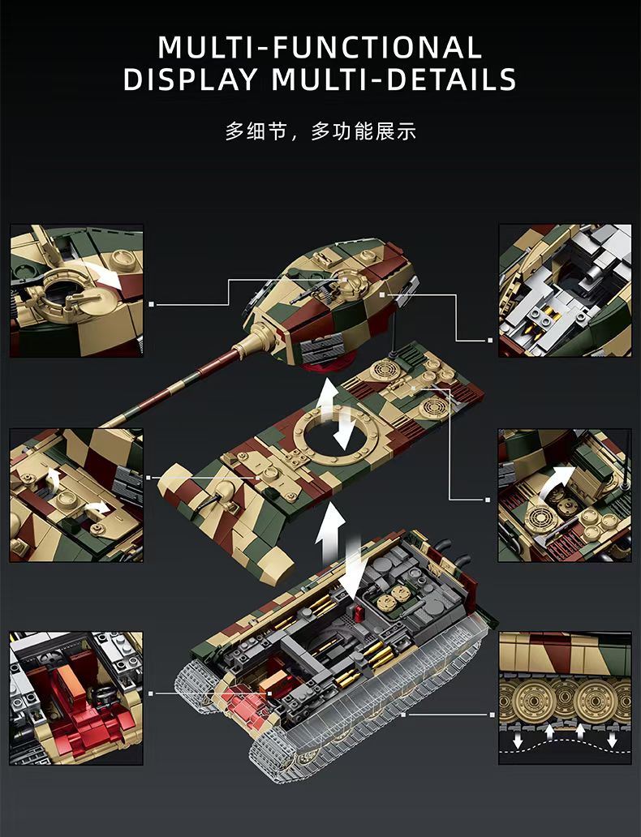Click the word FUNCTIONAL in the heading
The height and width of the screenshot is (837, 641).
click(377, 47)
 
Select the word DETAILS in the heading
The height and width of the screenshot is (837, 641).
click(451, 79)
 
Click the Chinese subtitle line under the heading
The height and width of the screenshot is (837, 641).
click(320, 131)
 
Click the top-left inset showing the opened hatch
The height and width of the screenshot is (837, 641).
click(76, 291)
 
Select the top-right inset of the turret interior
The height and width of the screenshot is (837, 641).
click(565, 291)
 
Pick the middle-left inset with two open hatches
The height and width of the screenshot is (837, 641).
click(76, 495)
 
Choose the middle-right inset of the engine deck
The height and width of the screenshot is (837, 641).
click(565, 495)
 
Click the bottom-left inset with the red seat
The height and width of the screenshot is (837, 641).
click(76, 698)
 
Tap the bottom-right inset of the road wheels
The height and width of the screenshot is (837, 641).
click(565, 698)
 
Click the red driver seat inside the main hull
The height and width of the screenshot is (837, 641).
click(243, 703)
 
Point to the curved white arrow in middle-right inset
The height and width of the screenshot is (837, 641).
click(556, 480)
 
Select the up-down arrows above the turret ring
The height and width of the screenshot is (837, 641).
click(338, 414)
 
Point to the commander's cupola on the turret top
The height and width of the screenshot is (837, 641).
click(345, 277)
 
